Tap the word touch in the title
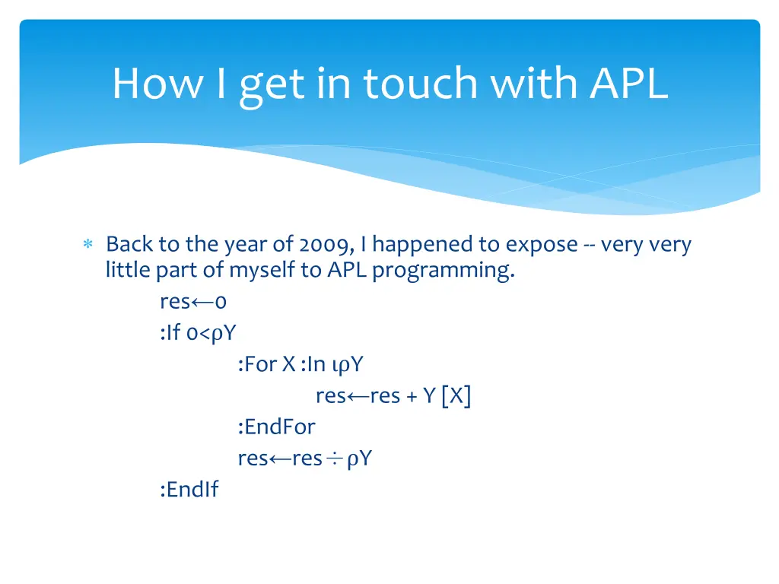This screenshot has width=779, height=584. click(x=421, y=84)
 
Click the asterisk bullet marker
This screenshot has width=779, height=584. click(x=87, y=245)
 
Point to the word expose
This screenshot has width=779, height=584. click(x=542, y=245)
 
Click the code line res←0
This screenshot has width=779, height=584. click(x=193, y=302)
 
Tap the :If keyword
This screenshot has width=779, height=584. click(x=170, y=333)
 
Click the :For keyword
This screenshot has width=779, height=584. click(x=257, y=364)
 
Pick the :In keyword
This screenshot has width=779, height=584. click(x=313, y=364)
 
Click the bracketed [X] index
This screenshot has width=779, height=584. click(x=455, y=396)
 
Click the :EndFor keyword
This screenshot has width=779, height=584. click(x=276, y=427)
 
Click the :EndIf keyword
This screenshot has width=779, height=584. click(x=189, y=490)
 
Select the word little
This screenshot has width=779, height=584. click(x=128, y=270)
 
